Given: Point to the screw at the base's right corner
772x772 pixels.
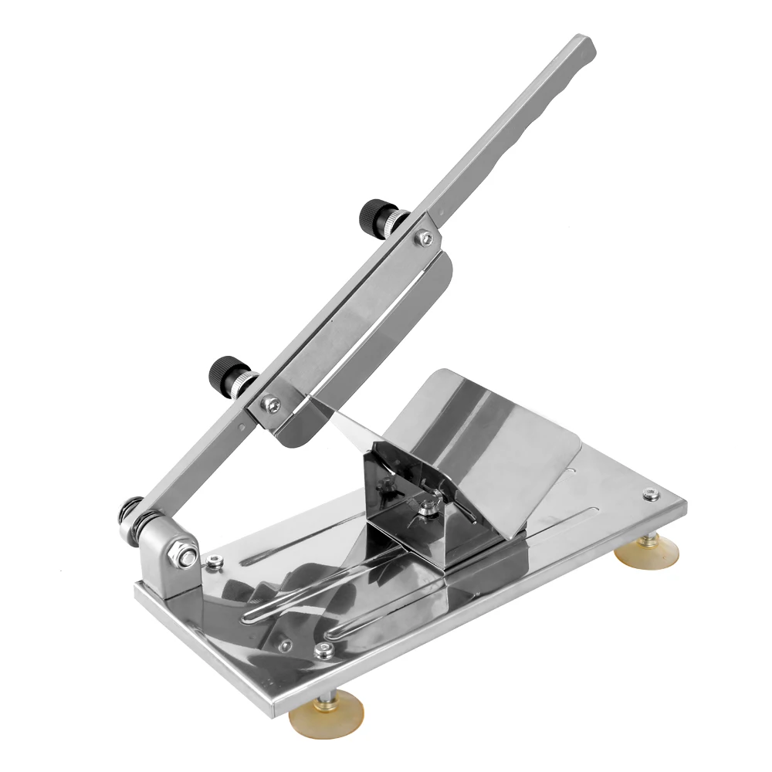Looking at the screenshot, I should pyautogui.click(x=647, y=494).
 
